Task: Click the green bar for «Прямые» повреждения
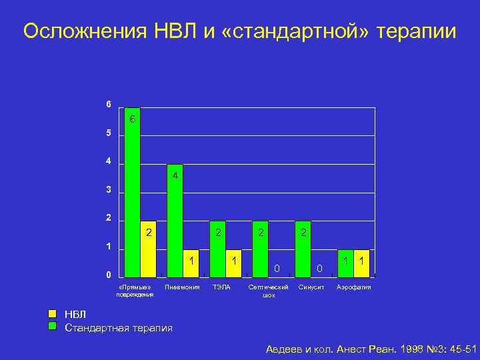[x=132, y=193]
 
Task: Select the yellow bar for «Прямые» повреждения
[x=148, y=249]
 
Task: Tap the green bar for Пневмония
[x=175, y=220]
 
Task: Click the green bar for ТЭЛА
[x=217, y=249]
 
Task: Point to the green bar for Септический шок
[x=260, y=249]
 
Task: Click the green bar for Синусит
[x=303, y=249]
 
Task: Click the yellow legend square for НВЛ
[x=53, y=314]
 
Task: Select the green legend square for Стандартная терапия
[x=53, y=327]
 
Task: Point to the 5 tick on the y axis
[x=109, y=133]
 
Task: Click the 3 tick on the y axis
[x=109, y=191]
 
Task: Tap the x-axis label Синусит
[x=311, y=287]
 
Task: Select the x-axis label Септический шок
[x=268, y=291]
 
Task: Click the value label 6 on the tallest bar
[x=132, y=120]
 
